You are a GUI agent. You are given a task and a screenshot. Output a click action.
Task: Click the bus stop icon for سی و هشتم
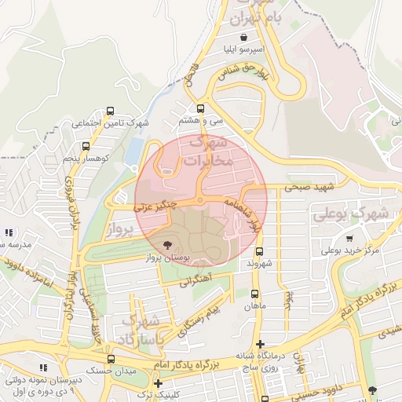200,108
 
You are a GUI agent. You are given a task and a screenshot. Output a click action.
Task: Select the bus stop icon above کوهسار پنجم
86,146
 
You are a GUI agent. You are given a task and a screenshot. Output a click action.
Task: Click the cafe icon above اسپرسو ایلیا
244,37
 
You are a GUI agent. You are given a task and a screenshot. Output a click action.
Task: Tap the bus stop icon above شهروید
261,252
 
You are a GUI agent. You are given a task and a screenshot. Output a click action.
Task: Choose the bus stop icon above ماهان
254,293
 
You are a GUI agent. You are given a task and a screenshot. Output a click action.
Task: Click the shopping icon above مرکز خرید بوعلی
349,239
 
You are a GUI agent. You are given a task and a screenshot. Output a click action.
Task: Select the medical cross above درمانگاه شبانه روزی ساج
260,344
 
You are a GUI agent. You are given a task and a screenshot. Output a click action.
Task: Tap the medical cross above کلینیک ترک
158,383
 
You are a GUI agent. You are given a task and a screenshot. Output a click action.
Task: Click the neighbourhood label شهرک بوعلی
351,213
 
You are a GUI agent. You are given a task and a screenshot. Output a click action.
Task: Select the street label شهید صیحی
309,187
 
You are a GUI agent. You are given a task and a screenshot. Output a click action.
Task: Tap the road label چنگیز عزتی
155,206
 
